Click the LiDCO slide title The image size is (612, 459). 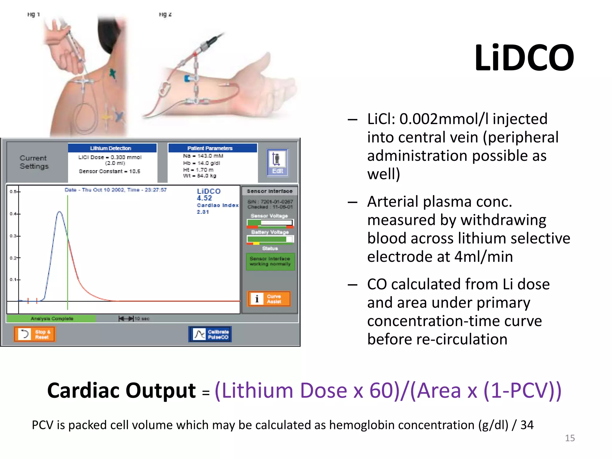(524, 58)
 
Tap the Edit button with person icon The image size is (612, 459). (277, 163)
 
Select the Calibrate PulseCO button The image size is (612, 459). (210, 334)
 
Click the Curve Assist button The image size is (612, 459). (269, 299)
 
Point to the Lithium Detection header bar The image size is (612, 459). (112, 148)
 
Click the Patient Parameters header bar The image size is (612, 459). (212, 148)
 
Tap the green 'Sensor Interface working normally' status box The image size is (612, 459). (270, 261)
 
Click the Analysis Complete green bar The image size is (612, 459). (51, 319)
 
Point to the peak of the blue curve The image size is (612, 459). (60, 212)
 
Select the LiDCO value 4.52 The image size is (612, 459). (204, 198)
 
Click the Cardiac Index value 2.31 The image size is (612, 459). (203, 212)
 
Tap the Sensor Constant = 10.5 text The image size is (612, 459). (109, 171)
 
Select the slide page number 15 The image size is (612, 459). (570, 438)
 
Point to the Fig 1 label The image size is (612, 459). (33, 14)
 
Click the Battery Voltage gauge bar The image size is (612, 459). (270, 239)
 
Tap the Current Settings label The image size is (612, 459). (34, 162)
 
